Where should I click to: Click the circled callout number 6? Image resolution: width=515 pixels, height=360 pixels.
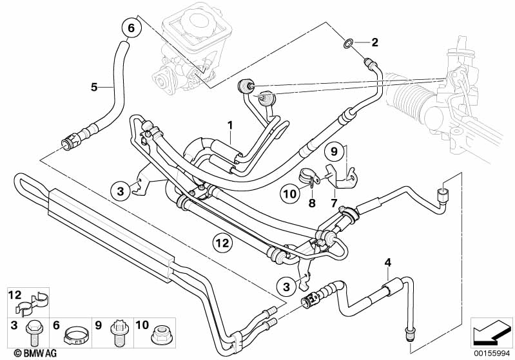[131, 28]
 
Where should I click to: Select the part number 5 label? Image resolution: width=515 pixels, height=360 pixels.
[94, 87]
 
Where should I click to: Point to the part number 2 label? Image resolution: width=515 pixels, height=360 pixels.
[374, 43]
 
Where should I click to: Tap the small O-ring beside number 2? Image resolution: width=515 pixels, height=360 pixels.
[348, 43]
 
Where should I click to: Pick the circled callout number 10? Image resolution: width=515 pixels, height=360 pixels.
[290, 193]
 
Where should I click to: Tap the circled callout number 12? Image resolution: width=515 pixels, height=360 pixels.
[222, 243]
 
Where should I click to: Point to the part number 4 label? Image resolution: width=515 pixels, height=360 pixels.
[387, 261]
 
